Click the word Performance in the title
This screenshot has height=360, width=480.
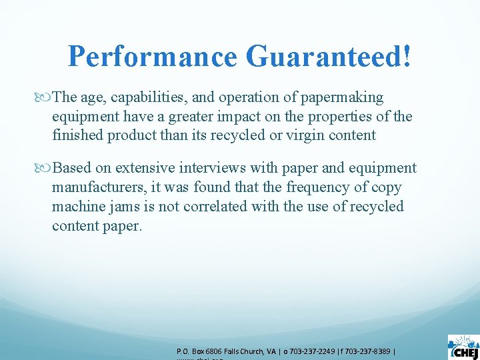153,57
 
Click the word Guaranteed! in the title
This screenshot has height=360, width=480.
329,57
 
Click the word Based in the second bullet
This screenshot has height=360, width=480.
71,168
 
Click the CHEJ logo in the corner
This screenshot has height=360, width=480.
463,346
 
